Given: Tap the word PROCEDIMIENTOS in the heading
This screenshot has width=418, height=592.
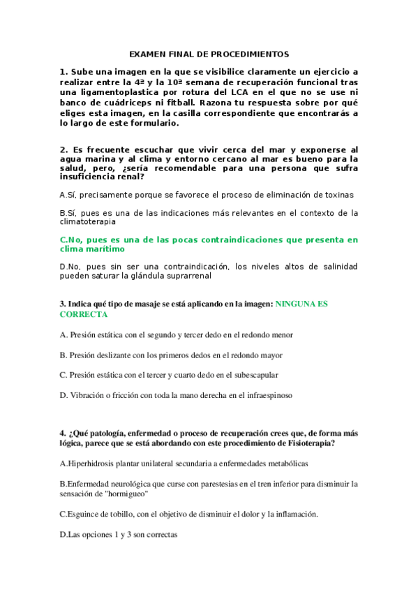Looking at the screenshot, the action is [x=254, y=54].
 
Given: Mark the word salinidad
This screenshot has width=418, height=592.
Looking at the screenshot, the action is [x=338, y=266].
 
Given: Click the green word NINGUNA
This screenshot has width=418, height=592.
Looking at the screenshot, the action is [x=298, y=304].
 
